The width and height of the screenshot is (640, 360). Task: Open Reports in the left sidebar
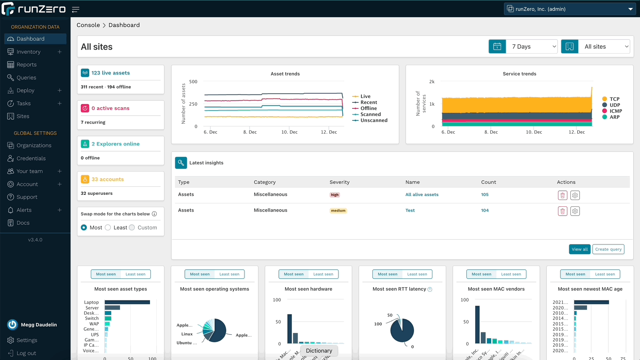[26, 65]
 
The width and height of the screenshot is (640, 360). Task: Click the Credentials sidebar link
[31, 158]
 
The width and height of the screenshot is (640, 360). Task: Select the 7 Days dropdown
[532, 46]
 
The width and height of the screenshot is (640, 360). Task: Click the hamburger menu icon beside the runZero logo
[76, 9]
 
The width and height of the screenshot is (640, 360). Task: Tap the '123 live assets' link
[110, 73]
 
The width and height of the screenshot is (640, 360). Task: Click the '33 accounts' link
[108, 179]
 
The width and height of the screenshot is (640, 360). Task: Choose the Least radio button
[108, 228]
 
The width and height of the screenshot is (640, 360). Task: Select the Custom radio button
[132, 228]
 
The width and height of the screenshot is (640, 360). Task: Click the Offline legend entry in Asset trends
[368, 108]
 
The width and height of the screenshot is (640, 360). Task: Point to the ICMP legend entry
[616, 111]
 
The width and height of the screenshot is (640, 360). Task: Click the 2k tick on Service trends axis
[432, 82]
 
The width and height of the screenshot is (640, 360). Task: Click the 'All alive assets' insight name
[422, 195]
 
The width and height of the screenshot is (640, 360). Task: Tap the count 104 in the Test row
[485, 210]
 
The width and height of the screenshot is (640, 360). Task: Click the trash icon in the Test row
[562, 211]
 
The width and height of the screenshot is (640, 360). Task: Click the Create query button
[608, 249]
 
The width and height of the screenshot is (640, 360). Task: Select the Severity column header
[339, 182]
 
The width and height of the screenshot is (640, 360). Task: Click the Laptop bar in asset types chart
[127, 302]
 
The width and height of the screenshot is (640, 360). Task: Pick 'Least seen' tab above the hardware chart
[323, 274]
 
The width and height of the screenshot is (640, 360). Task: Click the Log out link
[26, 353]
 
